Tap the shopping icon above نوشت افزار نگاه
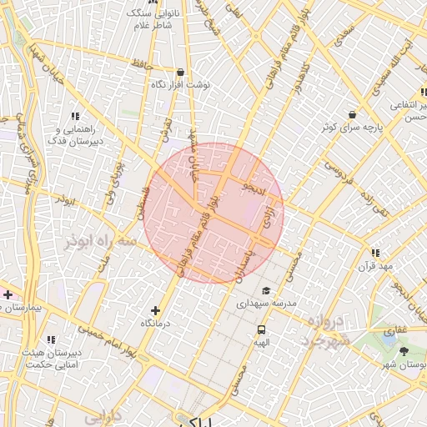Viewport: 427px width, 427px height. (181, 72)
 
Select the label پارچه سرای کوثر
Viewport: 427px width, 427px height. (352, 128)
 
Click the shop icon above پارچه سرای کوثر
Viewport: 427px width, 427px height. (352, 114)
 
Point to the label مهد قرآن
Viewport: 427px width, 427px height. (375, 266)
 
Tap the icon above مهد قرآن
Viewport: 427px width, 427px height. (375, 253)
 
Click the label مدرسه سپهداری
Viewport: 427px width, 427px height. (266, 304)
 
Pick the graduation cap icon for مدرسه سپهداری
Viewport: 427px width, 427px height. (266, 291)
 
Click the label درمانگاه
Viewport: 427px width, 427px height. (155, 324)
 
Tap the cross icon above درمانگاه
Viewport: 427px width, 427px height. (155, 310)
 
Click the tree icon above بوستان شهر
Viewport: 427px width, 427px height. (404, 351)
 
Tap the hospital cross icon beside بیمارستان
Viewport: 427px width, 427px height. (8, 294)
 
